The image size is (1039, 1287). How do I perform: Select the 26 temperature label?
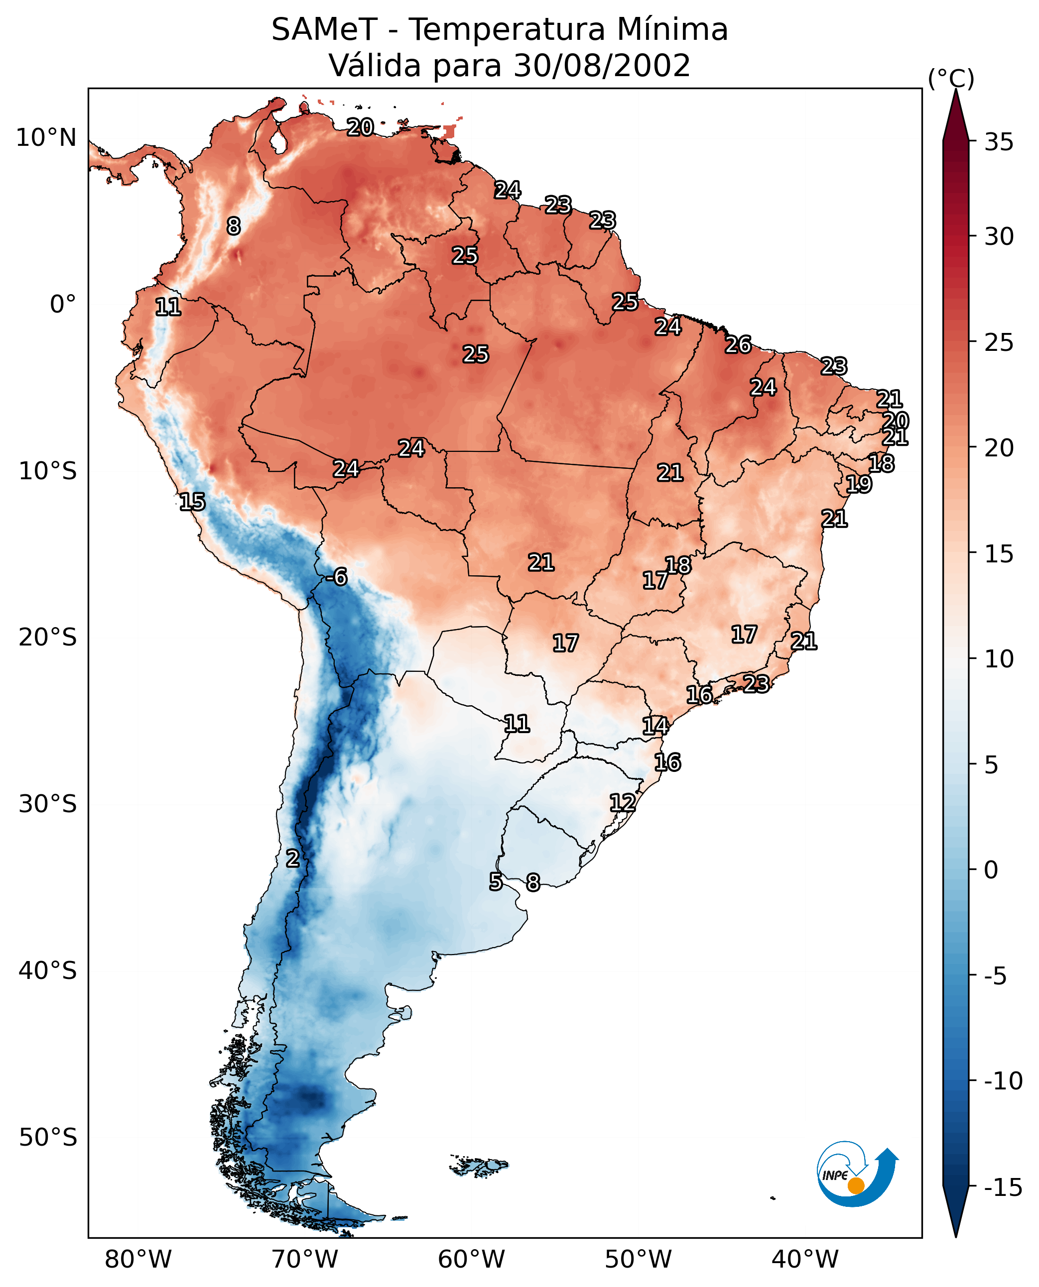pyautogui.click(x=738, y=345)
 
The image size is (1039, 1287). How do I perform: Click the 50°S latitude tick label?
pyautogui.click(x=48, y=1138)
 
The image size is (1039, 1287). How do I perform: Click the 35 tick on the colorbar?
pyautogui.click(x=999, y=142)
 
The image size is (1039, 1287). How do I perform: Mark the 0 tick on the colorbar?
pyautogui.click(x=991, y=870)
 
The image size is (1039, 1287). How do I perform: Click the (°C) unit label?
pyautogui.click(x=951, y=78)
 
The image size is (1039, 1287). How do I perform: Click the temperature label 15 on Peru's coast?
pyautogui.click(x=192, y=502)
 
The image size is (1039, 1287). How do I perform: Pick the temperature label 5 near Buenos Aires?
pyautogui.click(x=496, y=881)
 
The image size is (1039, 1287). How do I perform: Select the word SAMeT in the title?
pyautogui.click(x=324, y=29)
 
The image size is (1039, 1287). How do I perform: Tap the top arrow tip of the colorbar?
pyautogui.click(x=956, y=91)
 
